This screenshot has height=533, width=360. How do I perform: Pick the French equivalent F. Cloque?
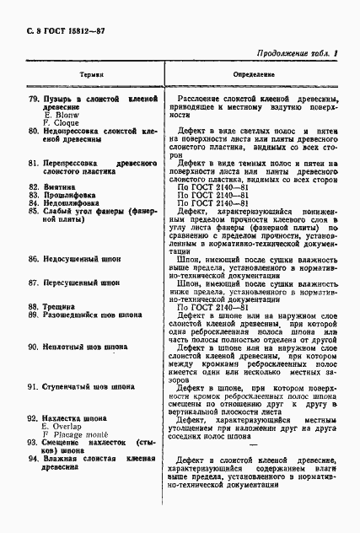point(63,125)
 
